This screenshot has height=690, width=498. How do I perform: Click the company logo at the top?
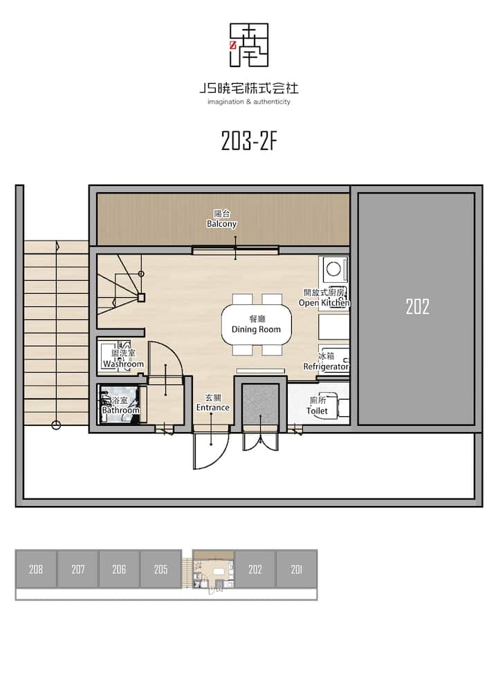(x=249, y=46)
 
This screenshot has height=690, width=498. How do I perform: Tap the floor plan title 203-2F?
(x=249, y=141)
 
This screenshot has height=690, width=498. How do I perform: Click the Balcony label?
(x=222, y=218)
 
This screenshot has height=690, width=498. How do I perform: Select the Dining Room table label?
(x=257, y=324)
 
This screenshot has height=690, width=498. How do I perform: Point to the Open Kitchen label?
(x=324, y=297)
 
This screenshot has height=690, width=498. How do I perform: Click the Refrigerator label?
(x=326, y=362)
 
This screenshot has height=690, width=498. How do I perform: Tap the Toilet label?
(x=317, y=405)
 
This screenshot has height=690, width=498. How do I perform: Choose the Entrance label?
(x=212, y=402)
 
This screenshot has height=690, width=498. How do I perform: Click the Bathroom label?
(x=120, y=405)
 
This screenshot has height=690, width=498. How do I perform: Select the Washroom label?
(x=123, y=359)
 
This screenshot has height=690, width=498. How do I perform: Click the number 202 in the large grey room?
(x=417, y=306)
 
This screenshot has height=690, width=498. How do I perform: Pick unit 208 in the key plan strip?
(x=36, y=569)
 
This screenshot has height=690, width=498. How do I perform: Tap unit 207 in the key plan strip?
(x=78, y=569)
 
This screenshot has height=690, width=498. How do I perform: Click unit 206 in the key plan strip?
(x=119, y=569)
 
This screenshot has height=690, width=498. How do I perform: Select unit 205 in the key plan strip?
(x=160, y=569)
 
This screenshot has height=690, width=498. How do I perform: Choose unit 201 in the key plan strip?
(x=296, y=569)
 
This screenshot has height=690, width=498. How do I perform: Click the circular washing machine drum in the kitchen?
(x=334, y=268)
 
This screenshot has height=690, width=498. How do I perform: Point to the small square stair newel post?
(x=141, y=297)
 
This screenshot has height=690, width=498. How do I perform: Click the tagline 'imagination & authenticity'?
(x=249, y=102)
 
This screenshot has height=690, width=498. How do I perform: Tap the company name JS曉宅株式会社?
(x=249, y=88)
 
